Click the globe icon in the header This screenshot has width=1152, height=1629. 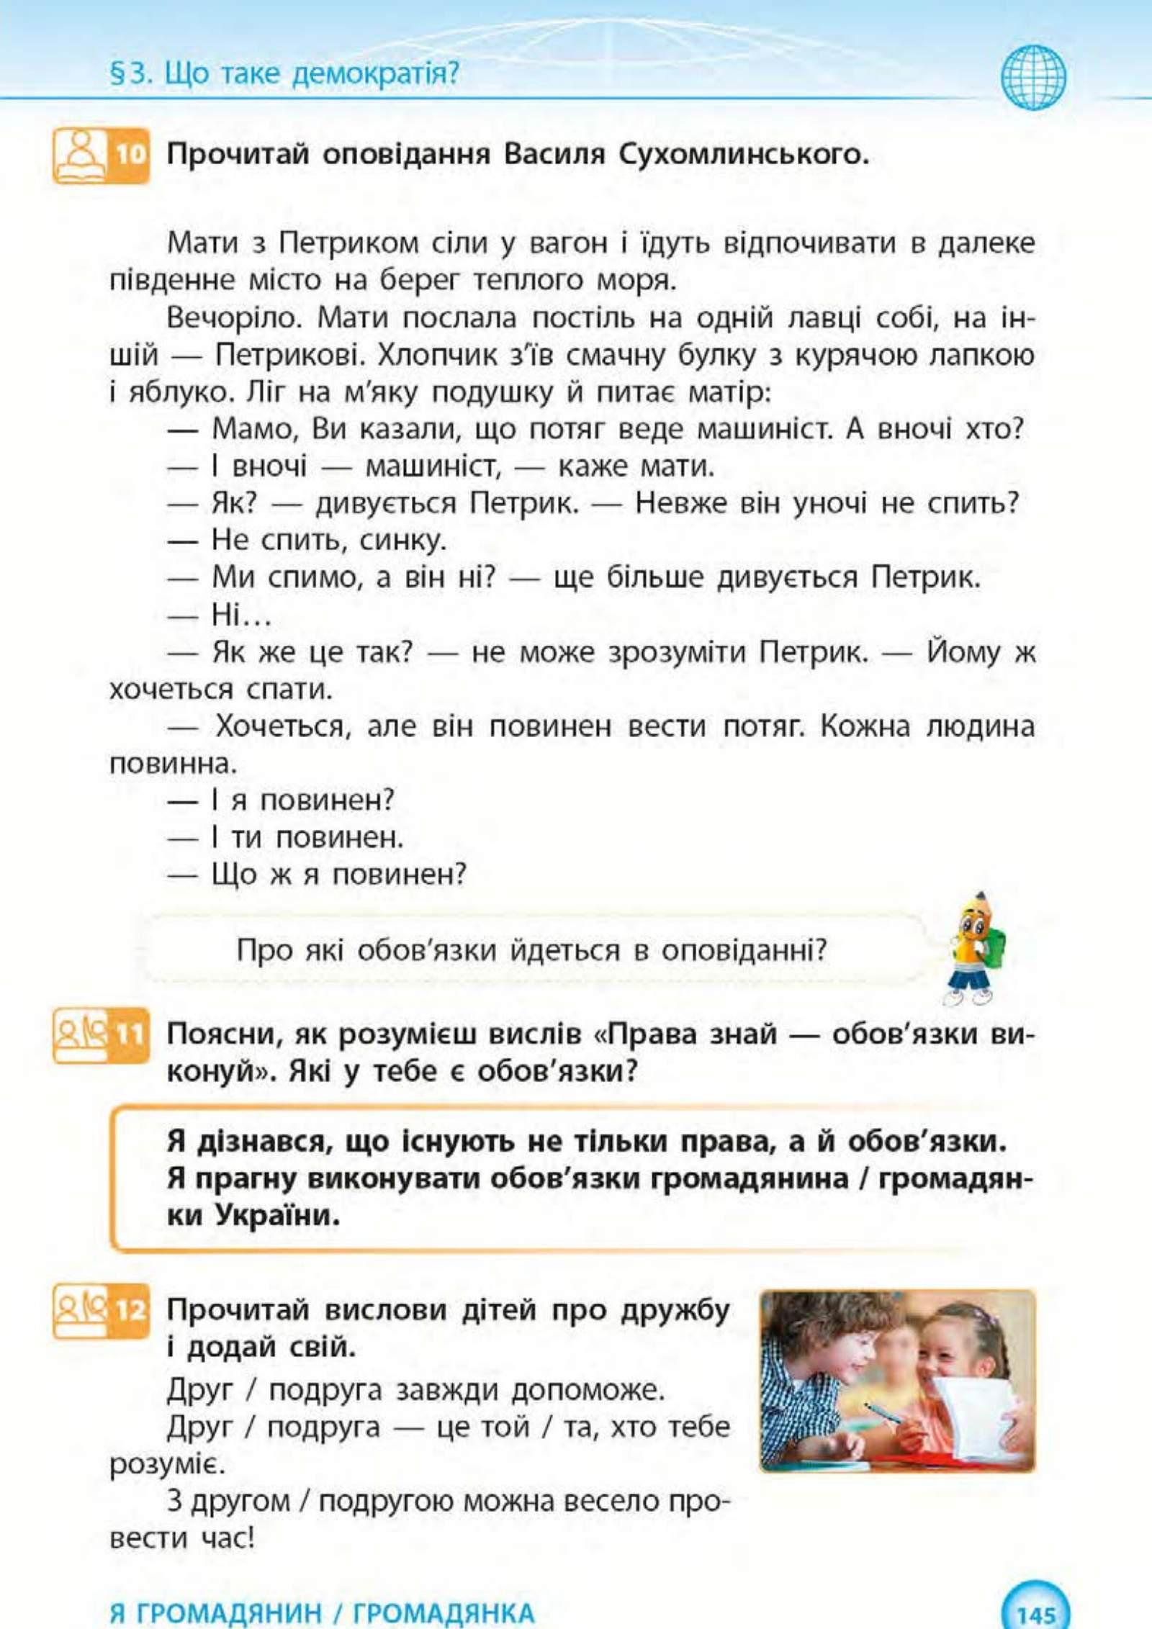coord(1033,76)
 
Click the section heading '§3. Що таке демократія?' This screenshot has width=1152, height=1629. coord(284,73)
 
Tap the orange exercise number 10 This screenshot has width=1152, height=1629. coord(130,155)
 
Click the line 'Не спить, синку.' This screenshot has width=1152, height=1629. coord(328,540)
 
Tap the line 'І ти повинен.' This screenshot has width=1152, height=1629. coord(307,837)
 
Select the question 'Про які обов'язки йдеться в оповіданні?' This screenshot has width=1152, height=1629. coord(531,950)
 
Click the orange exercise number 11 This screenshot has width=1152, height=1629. coord(130,1035)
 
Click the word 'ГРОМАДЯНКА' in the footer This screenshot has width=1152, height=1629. coord(444,1613)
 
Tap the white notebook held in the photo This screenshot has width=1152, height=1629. coord(979,1414)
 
